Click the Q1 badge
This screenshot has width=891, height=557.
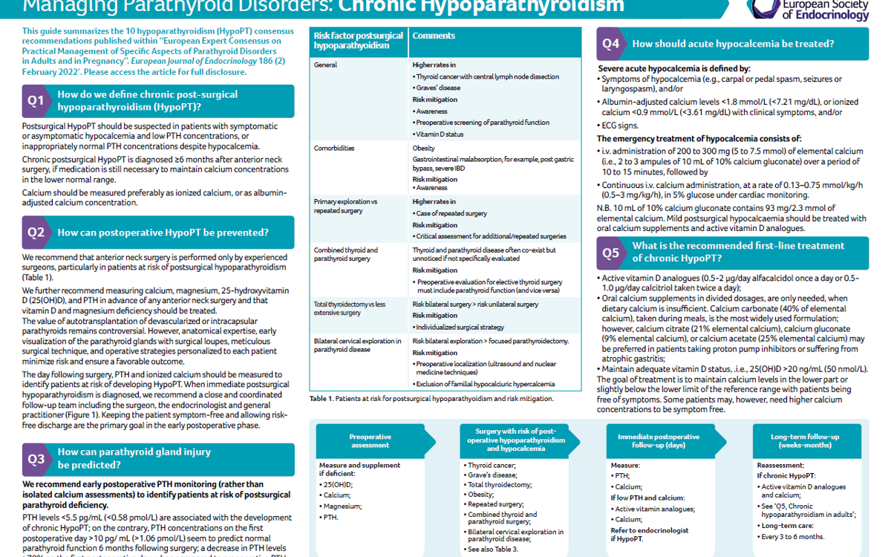coord(36,101)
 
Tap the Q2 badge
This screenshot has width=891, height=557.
coord(36,232)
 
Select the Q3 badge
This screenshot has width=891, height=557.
coord(36,459)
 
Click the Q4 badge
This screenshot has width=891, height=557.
coord(611,44)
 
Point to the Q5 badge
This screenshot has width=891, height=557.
coord(611,253)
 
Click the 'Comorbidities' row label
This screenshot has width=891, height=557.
coord(334,148)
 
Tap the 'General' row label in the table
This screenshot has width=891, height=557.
coord(325,65)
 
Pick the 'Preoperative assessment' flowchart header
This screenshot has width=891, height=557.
coord(370,441)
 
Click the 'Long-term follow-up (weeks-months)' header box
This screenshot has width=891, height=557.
coord(806,441)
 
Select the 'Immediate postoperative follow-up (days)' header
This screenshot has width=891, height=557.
coord(658,441)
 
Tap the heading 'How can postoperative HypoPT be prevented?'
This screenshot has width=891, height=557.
coord(163,232)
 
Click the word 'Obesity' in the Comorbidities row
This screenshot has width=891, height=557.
coord(424,148)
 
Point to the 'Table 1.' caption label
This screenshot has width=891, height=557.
coord(322,399)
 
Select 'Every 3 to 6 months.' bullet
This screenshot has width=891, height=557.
coord(793,536)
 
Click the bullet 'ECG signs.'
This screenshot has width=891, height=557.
coord(620,126)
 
